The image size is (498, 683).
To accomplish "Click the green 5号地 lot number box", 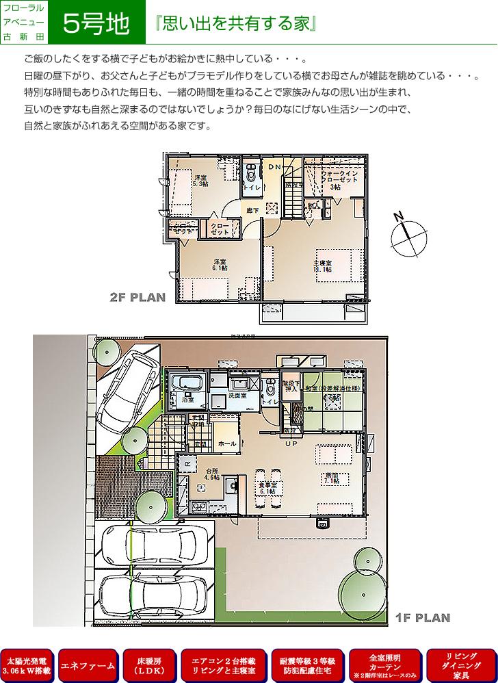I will [96, 23].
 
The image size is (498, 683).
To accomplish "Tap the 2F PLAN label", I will [137, 298].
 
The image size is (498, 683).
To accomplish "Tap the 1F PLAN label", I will [423, 618].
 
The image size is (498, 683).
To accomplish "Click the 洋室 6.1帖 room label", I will [219, 266].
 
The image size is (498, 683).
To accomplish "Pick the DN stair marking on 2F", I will [274, 167].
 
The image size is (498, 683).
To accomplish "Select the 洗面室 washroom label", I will [237, 396].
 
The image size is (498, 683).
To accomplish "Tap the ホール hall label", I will [227, 444].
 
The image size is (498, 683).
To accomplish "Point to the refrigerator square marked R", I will [187, 463].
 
